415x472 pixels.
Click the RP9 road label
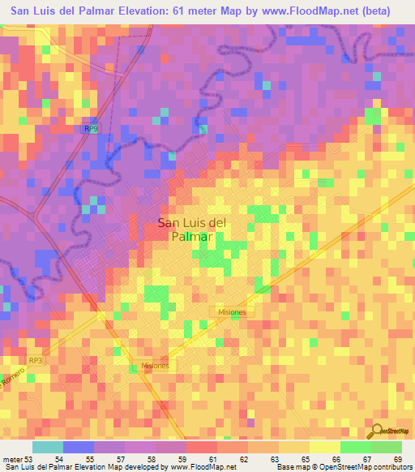(92, 129)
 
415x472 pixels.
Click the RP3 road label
(35, 360)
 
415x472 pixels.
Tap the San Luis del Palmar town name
(191, 230)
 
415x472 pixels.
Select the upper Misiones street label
(234, 311)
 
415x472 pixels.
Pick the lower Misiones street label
(154, 366)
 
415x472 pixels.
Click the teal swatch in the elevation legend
(48, 447)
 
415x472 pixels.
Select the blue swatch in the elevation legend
(79, 447)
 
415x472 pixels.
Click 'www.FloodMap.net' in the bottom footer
(201, 466)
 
